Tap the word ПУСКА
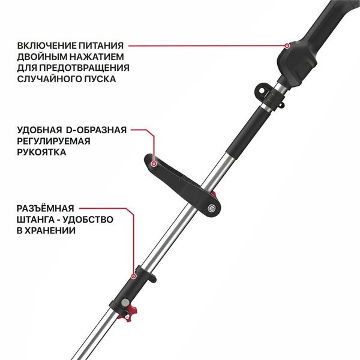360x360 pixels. tap(100, 79)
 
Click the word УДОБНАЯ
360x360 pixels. tap(40, 130)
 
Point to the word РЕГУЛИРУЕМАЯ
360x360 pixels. tap(53, 141)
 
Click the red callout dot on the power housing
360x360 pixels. tap(287, 45)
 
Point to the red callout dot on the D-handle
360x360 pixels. tap(154, 162)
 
